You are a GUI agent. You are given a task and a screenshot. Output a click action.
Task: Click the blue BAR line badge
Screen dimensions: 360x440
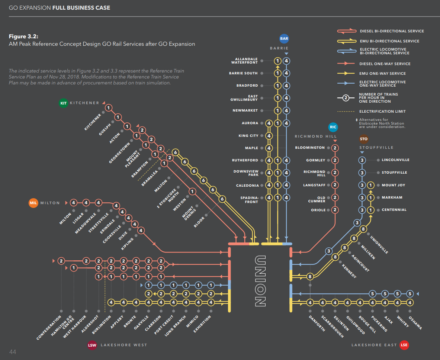[284, 38]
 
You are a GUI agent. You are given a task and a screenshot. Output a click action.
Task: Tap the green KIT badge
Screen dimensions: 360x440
[64, 103]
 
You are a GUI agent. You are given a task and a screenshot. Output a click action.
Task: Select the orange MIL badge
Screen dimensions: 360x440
[33, 203]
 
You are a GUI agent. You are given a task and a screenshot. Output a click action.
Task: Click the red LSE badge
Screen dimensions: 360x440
[404, 345]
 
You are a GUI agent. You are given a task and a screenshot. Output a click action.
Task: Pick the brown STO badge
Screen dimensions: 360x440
[364, 139]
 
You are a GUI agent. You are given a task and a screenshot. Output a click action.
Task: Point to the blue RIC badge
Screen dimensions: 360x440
[333, 127]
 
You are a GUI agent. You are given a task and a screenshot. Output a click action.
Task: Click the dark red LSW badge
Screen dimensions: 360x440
[92, 345]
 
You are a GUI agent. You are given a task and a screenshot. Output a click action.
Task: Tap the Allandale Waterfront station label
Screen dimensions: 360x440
[246, 61]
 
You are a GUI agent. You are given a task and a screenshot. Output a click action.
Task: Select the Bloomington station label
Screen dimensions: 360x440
[310, 148]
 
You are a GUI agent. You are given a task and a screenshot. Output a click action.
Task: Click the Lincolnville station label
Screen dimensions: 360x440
[395, 160]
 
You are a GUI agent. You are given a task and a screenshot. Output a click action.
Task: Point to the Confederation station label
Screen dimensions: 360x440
[49, 328]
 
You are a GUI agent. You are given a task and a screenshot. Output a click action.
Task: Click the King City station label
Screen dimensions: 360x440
[248, 136]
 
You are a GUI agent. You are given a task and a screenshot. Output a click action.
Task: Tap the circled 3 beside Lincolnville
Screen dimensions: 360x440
[362, 160]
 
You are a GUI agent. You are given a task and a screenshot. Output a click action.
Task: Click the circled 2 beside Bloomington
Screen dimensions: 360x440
[335, 148]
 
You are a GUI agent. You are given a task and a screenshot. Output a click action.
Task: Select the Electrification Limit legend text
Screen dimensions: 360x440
[382, 111]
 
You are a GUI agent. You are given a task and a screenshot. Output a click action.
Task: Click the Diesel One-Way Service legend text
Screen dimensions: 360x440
[385, 64]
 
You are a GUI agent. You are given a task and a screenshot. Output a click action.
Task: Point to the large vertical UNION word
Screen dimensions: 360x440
[260, 281]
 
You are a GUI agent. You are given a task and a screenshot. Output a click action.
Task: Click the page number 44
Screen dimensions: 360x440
[13, 352]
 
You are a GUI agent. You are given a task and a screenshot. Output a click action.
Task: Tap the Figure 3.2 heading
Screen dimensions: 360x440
[23, 36]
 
